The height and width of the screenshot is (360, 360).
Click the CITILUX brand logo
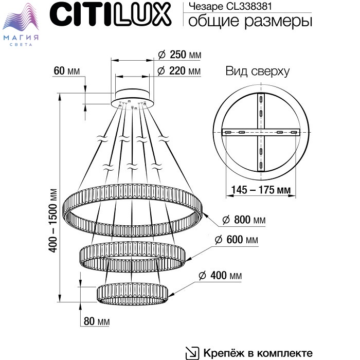point(110,15)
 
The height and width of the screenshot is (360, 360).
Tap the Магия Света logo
point(21,24)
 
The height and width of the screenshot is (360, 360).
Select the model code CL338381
point(249,6)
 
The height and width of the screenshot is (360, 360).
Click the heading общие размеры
point(250,21)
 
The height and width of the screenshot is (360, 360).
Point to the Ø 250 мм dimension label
point(179,55)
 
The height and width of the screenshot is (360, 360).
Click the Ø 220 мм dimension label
point(179,71)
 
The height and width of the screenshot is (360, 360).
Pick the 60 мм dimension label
point(66,71)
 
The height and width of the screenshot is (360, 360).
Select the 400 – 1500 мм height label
point(53,221)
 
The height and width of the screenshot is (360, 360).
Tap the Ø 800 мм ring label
point(244,220)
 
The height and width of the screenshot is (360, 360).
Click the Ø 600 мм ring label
point(237,240)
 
